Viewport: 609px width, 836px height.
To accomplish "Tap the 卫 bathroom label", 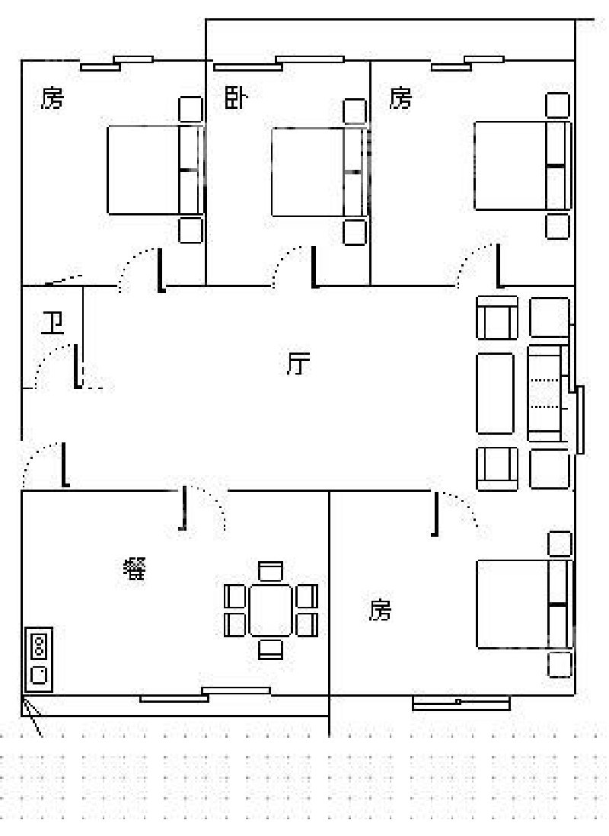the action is [53, 324].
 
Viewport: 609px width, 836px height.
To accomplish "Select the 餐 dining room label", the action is [135, 569].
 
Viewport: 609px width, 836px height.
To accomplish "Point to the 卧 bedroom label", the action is [235, 97].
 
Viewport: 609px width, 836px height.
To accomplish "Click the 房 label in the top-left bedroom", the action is [53, 97].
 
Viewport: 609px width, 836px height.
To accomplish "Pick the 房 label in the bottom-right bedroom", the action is [380, 609].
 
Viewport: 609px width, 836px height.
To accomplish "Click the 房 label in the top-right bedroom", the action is [400, 97].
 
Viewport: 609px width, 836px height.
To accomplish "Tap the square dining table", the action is [271, 610].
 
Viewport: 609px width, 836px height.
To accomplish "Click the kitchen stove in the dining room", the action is [38, 659].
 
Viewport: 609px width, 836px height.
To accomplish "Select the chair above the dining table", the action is [271, 571].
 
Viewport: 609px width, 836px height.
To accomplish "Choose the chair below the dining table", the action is [271, 649].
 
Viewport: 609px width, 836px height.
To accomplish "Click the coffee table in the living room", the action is [495, 393].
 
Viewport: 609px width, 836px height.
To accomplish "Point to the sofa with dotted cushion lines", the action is [546, 393].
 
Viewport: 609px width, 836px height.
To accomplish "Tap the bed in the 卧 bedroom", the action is [320, 171].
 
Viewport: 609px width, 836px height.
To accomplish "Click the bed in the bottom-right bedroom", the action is [525, 604].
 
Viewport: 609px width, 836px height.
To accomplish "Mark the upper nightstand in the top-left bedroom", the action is [190, 109].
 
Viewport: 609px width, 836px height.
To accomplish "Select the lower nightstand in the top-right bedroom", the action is [558, 226].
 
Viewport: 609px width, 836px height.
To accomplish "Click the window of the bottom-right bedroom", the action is [461, 704].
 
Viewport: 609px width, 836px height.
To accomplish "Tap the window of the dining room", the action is [206, 694].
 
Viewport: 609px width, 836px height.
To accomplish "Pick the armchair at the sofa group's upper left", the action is [497, 317].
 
